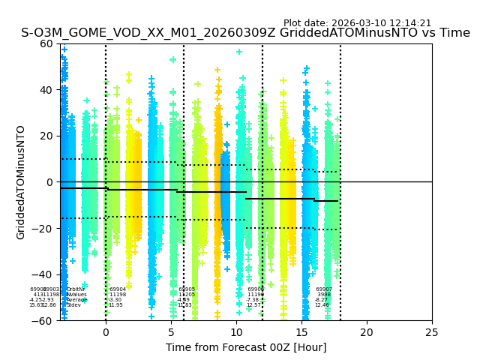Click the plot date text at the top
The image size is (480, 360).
point(357,23)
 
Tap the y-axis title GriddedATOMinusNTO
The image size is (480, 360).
point(21,182)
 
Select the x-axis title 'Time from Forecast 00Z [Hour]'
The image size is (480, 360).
point(246,347)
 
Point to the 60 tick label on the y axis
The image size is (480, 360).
point(46,43)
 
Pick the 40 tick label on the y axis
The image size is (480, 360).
point(46,90)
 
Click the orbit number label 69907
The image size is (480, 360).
point(324,289)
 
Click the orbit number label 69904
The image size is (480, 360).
point(118,289)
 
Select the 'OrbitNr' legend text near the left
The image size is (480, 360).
point(76,289)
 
